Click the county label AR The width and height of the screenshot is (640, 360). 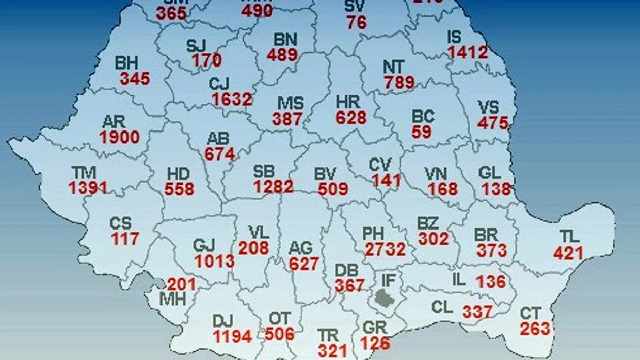[x=114, y=122]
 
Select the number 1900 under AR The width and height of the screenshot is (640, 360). [x=119, y=137]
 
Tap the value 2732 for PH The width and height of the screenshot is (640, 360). [x=386, y=249]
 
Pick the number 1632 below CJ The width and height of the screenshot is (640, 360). [x=232, y=99]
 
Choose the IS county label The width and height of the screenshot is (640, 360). [x=454, y=37]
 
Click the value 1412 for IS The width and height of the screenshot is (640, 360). [x=468, y=52]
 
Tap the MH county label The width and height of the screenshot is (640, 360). [x=173, y=299]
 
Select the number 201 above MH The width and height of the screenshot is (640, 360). [x=181, y=284]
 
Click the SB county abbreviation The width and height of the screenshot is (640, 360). [x=264, y=172]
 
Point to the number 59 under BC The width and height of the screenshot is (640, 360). [x=422, y=132]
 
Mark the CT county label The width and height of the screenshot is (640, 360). [x=530, y=313]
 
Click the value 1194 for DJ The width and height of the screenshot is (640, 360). [x=233, y=336]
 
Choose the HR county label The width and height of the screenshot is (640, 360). [x=347, y=102]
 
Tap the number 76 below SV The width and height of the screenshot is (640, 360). [x=357, y=22]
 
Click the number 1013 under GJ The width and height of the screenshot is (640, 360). [x=214, y=261]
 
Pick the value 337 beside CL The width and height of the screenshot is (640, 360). [x=477, y=311]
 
